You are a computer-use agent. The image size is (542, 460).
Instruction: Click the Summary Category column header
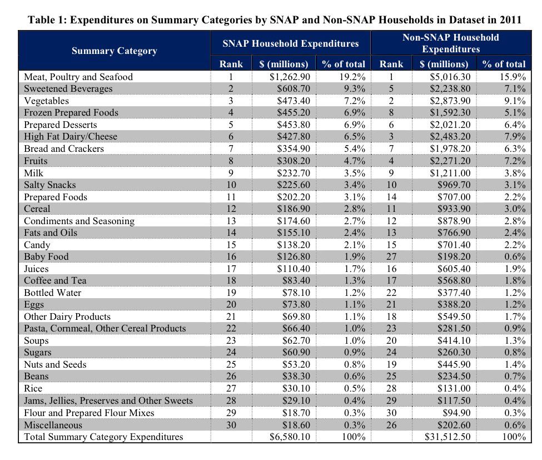coord(114,51)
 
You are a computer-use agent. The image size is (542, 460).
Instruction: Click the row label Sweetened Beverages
coord(68,89)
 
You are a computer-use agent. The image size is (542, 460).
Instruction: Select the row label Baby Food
coord(46,256)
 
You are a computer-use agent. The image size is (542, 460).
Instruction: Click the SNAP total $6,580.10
coord(290,437)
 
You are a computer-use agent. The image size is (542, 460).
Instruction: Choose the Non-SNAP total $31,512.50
coord(447,437)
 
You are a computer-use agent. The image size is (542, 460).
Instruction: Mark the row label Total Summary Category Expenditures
coord(103,437)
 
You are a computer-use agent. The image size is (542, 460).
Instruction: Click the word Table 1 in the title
coord(47,21)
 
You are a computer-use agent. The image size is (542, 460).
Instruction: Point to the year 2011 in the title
coord(510,21)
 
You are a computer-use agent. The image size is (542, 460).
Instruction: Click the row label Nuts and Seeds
coord(55,364)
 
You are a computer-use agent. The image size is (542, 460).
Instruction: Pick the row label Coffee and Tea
coord(55,280)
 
